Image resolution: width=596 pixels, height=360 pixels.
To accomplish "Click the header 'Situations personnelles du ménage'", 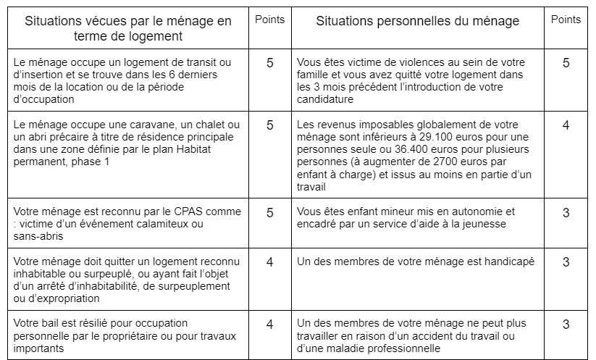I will [417, 22].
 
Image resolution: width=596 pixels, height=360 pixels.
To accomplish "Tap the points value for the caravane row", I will [270, 125].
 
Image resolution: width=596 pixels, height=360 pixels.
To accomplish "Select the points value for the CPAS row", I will [270, 213].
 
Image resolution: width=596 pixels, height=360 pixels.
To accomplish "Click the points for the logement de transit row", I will [270, 63].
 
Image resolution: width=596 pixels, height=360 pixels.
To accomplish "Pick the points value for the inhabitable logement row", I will [270, 262].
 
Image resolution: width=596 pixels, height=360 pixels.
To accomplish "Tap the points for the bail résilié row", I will [270, 325].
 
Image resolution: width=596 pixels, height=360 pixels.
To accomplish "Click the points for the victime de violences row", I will [566, 63].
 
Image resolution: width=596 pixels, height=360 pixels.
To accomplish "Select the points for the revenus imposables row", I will [566, 125].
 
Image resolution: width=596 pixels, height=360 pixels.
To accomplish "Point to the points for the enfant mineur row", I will [566, 213].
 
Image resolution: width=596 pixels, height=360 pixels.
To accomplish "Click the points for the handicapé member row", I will [566, 262].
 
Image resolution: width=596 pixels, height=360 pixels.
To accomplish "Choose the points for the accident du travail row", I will [566, 325].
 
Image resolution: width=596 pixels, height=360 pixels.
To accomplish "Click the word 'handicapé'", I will [508, 261].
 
